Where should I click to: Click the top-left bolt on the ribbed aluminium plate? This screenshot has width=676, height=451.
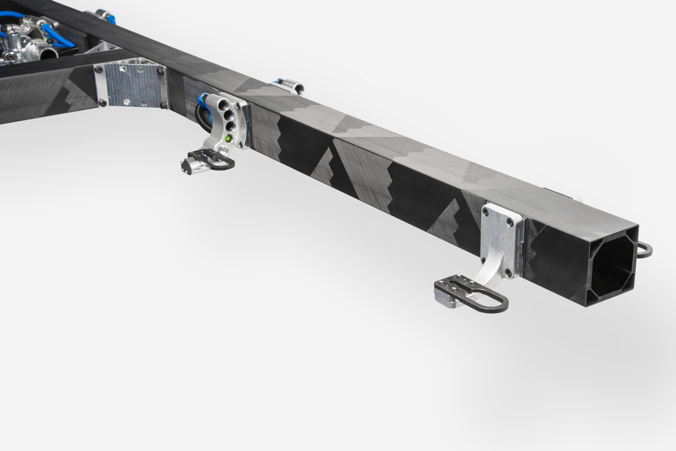(x=100, y=70)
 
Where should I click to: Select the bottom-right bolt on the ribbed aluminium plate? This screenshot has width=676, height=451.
(x=163, y=105)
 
